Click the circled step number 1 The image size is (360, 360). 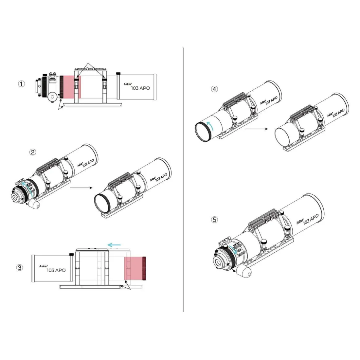[21, 84]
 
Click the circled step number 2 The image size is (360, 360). [33, 152]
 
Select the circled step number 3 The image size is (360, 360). [20, 267]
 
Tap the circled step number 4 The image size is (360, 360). [214, 89]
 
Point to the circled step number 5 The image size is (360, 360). [214, 220]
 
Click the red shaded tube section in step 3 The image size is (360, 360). [134, 268]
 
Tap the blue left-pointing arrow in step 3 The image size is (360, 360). [114, 245]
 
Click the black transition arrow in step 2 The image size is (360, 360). [81, 188]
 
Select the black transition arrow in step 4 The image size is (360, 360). [257, 129]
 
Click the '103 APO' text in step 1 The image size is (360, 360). [140, 88]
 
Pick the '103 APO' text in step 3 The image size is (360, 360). [56, 270]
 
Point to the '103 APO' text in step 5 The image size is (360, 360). [311, 219]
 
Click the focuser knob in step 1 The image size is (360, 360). [53, 97]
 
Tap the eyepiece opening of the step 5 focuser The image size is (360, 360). [218, 262]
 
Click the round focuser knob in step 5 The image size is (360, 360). [246, 273]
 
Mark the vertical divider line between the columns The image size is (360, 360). [183, 180]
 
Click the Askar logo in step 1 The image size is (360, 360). [128, 84]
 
